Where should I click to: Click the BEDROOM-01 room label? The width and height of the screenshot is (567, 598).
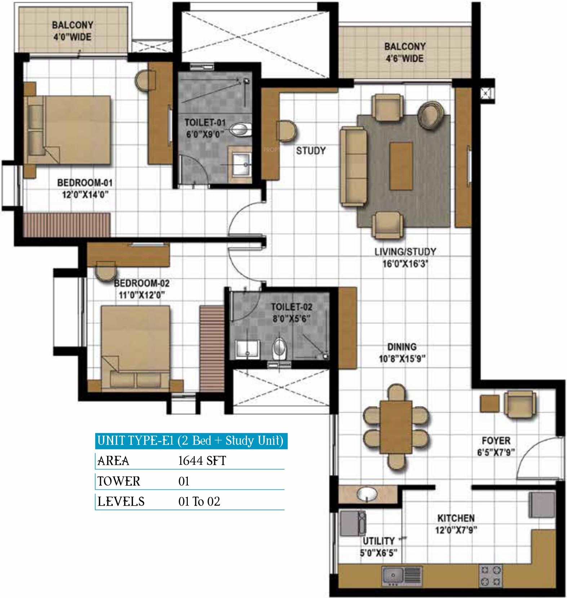pyautogui.click(x=85, y=183)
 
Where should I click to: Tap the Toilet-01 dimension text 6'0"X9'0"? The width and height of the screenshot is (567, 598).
pyautogui.click(x=205, y=134)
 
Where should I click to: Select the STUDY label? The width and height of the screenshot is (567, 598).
pyautogui.click(x=311, y=150)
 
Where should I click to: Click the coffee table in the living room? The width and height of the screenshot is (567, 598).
pyautogui.click(x=401, y=166)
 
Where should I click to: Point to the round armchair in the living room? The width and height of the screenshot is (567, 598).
pyautogui.click(x=430, y=114)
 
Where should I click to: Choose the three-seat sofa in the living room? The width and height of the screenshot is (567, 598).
pyautogui.click(x=353, y=166)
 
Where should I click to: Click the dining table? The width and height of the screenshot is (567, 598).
pyautogui.click(x=396, y=427)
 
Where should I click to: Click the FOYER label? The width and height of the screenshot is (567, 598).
pyautogui.click(x=496, y=441)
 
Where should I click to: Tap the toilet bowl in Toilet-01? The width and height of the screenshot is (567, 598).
pyautogui.click(x=240, y=130)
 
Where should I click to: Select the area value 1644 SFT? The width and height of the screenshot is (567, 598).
pyautogui.click(x=202, y=460)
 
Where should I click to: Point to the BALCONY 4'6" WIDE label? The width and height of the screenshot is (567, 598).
pyautogui.click(x=405, y=52)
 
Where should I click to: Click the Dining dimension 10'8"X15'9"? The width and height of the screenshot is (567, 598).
pyautogui.click(x=402, y=359)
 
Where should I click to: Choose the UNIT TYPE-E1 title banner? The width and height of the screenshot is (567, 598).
pyautogui.click(x=191, y=441)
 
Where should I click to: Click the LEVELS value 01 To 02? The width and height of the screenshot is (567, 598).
pyautogui.click(x=199, y=501)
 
